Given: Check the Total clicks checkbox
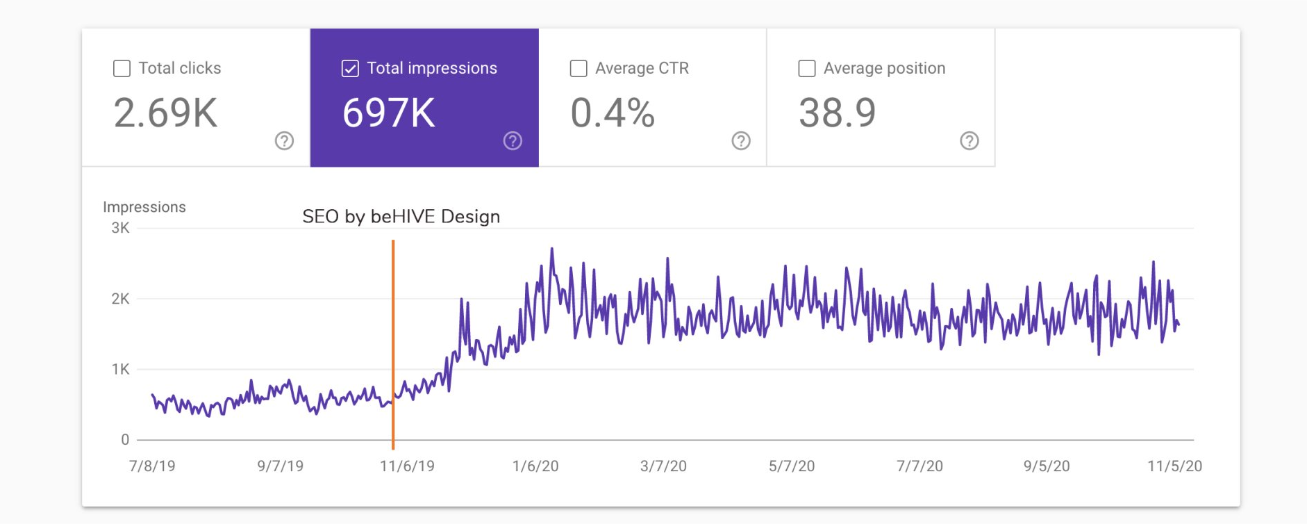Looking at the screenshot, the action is (122, 68).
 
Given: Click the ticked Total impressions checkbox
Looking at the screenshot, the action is (350, 68).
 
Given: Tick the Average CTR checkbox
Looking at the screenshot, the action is (578, 68).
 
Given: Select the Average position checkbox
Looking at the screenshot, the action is (807, 68).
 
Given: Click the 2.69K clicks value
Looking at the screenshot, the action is (166, 113).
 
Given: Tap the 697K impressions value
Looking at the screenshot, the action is (389, 113).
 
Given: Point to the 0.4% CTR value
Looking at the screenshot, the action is (613, 113).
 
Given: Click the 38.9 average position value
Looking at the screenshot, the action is (838, 113).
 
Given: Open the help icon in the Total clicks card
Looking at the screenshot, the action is (284, 141).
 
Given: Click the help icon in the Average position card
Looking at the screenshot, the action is (969, 141).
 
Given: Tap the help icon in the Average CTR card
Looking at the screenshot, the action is (741, 141).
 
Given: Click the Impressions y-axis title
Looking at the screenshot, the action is (144, 207).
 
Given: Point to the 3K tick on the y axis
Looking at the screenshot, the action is (120, 228).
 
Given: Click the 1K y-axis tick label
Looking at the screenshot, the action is (120, 370).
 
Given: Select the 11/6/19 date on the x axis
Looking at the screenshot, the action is (407, 466).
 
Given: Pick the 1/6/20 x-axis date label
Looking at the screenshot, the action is (535, 466).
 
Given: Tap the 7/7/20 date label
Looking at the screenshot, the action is (919, 466).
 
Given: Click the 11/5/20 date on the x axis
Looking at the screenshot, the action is (1174, 466).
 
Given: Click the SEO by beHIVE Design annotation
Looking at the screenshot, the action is (401, 217).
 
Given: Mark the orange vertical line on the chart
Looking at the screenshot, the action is (393, 345).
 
